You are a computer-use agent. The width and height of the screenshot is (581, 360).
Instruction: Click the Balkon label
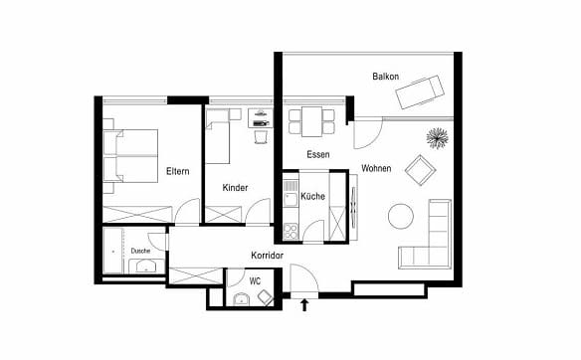[386, 77]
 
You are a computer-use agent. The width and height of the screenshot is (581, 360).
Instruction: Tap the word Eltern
[178, 171]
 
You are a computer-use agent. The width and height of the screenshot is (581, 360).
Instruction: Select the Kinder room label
[236, 188]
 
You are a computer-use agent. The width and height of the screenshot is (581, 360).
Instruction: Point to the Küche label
[313, 196]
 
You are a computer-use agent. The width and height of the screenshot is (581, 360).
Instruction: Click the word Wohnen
[376, 168]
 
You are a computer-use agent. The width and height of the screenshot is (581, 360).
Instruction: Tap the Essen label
[318, 154]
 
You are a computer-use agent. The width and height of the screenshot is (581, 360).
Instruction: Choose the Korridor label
[268, 256]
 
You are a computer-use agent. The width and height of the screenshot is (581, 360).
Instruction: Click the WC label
[255, 281]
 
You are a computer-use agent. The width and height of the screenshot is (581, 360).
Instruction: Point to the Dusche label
[141, 251]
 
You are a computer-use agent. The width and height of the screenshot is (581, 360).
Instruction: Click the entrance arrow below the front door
[304, 305]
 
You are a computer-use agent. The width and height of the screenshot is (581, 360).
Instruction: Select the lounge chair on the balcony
[420, 91]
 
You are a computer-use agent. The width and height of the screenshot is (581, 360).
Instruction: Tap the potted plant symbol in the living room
[437, 138]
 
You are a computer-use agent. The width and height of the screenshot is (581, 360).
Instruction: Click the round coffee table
[401, 216]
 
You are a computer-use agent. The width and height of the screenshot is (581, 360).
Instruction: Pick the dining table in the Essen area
[312, 122]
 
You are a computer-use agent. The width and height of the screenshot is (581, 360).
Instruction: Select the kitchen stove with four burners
[290, 232]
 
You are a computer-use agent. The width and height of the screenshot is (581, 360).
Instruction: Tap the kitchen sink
[290, 199]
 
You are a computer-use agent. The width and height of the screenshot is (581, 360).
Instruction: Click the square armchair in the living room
[420, 170]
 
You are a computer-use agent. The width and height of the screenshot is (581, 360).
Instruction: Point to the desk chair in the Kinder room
[261, 136]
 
